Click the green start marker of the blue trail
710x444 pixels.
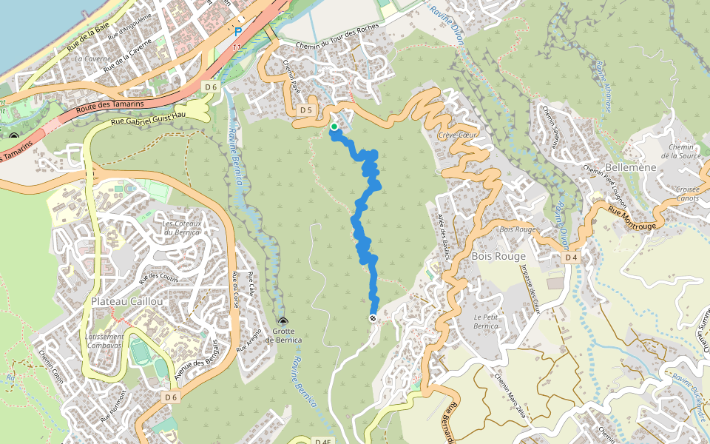pyautogui.click(x=334, y=127)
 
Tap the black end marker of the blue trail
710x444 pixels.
pyautogui.click(x=373, y=317)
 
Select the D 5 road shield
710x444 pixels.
pyautogui.click(x=307, y=110)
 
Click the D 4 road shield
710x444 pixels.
pyautogui.click(x=569, y=258)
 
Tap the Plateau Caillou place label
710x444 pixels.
pyautogui.click(x=122, y=301)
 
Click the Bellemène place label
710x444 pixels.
pyautogui.click(x=631, y=168)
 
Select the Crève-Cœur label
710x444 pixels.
pyautogui.click(x=458, y=136)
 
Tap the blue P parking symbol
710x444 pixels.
pyautogui.click(x=237, y=32)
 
